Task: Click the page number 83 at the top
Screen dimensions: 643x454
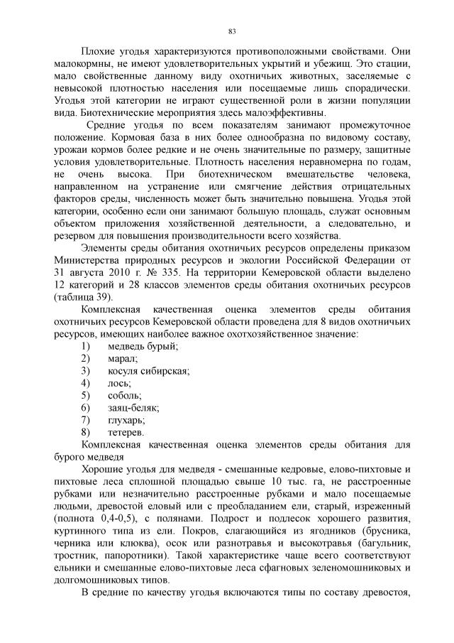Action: click(232, 31)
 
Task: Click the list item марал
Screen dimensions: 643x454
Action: click(123, 358)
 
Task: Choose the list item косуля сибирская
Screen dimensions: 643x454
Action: click(148, 371)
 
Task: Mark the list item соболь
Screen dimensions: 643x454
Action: click(124, 395)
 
